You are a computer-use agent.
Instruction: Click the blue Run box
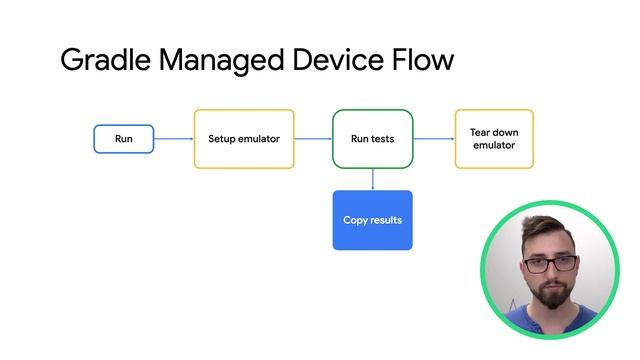tap(124, 139)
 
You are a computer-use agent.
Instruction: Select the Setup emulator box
tap(244, 139)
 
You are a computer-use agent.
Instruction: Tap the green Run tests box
tap(372, 139)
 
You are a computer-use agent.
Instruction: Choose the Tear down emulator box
tap(494, 139)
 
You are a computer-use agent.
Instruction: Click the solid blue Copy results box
tap(372, 220)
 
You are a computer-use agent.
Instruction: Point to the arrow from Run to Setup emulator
tap(174, 139)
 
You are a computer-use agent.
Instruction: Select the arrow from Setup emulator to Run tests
tap(313, 139)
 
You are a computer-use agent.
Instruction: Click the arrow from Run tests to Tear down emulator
tap(434, 139)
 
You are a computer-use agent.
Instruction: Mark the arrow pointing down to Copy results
tap(372, 179)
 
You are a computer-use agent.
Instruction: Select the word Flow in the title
tap(423, 60)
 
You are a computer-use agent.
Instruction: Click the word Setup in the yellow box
tap(222, 139)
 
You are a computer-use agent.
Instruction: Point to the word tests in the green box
tap(383, 139)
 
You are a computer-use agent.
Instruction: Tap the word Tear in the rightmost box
tap(480, 132)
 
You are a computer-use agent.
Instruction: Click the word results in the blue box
tap(386, 220)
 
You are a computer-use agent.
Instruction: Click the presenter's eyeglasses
tap(550, 264)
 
